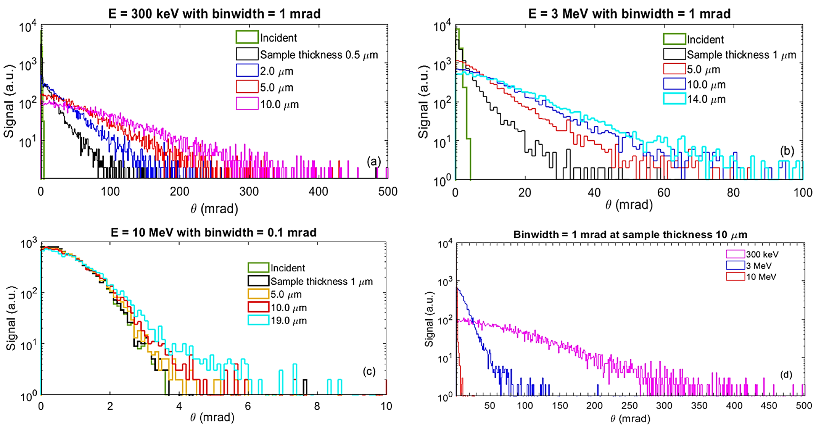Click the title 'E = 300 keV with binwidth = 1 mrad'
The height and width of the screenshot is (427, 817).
tap(214, 14)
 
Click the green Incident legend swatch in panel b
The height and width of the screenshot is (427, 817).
tap(674, 39)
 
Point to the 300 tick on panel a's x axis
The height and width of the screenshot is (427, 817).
tap(249, 192)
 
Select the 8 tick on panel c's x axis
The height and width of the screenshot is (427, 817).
tap(317, 406)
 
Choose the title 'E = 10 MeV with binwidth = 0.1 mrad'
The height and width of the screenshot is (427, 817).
tap(213, 233)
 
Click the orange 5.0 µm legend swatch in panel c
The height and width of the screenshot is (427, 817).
tap(258, 294)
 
